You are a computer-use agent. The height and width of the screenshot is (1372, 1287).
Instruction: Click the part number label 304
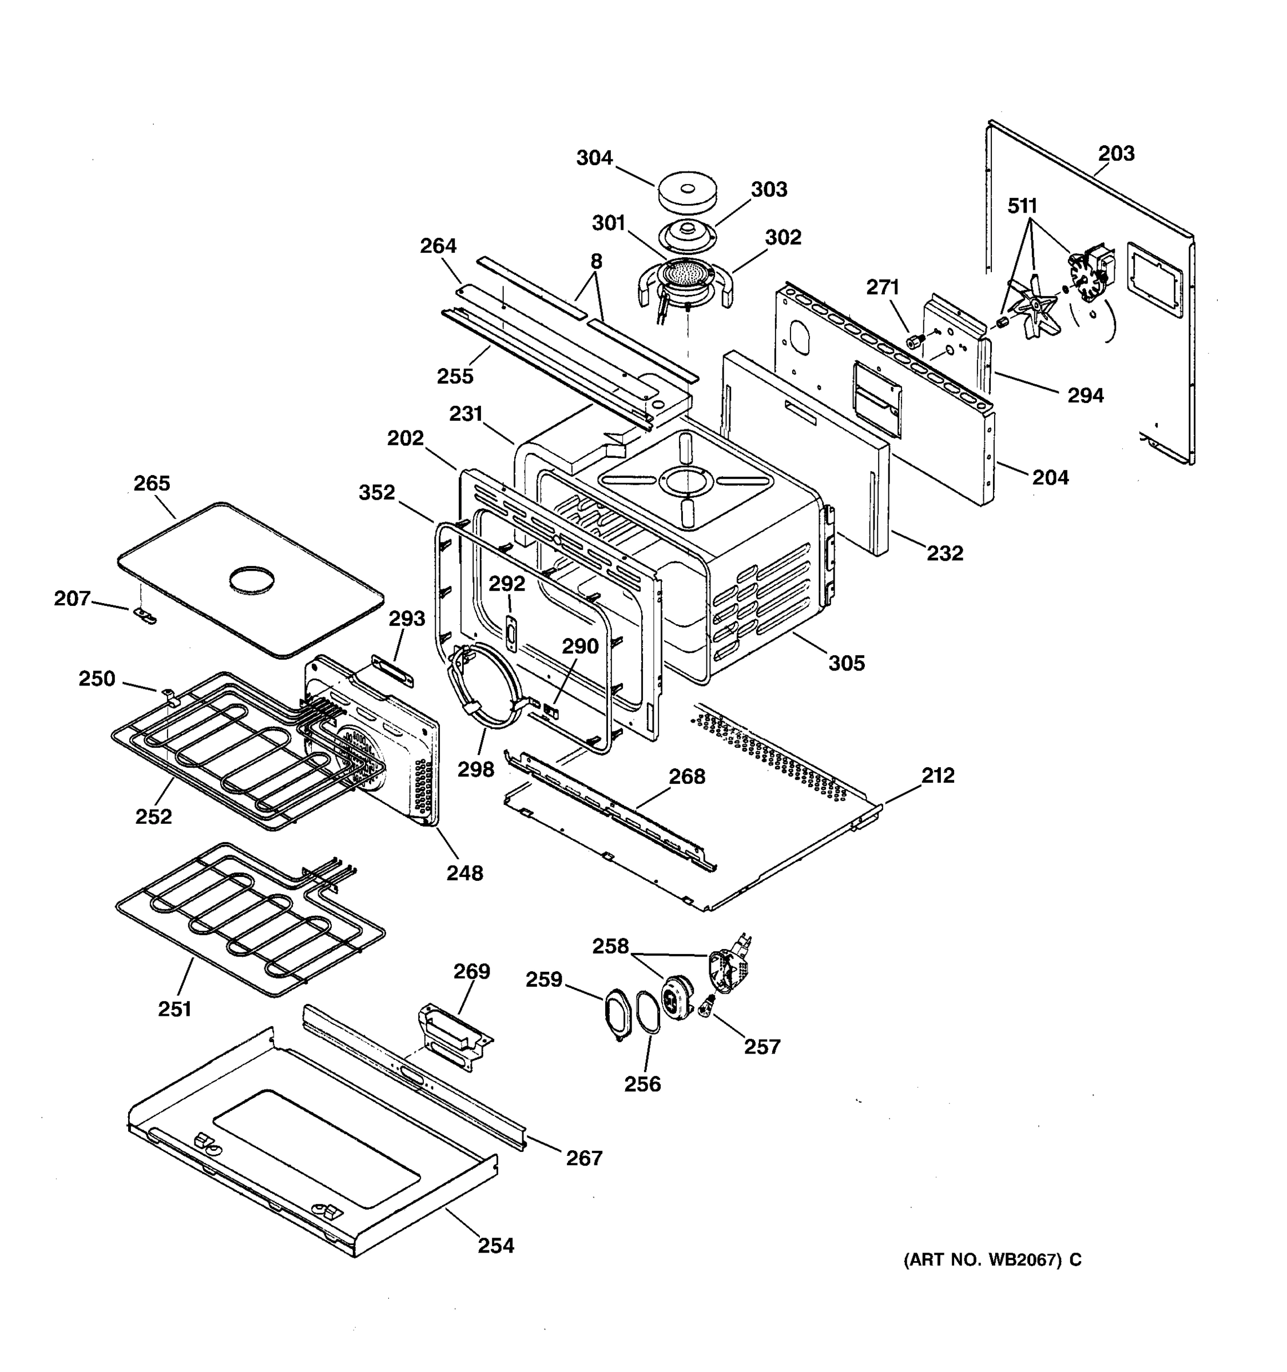pyautogui.click(x=594, y=158)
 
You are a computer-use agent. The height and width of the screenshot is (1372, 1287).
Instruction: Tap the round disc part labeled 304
pyautogui.click(x=686, y=194)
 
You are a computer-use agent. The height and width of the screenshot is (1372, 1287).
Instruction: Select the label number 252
pyautogui.click(x=153, y=816)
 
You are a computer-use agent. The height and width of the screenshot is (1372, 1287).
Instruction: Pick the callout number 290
pyautogui.click(x=579, y=646)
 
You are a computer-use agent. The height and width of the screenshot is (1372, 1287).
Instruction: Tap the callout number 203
pyautogui.click(x=1116, y=153)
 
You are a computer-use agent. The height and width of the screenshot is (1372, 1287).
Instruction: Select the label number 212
pyautogui.click(x=938, y=775)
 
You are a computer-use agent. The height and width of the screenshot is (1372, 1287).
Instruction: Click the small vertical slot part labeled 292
pyautogui.click(x=511, y=632)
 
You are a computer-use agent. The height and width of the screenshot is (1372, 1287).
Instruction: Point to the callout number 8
pyautogui.click(x=596, y=261)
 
